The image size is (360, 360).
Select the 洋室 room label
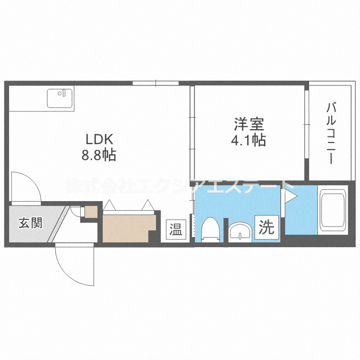click(249, 125)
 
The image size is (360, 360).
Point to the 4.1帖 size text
click(249, 141)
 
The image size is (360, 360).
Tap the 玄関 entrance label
click(30, 223)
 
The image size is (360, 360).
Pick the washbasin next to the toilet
click(239, 232)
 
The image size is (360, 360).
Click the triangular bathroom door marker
click(291, 196)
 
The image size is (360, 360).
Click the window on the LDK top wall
click(156, 83)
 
